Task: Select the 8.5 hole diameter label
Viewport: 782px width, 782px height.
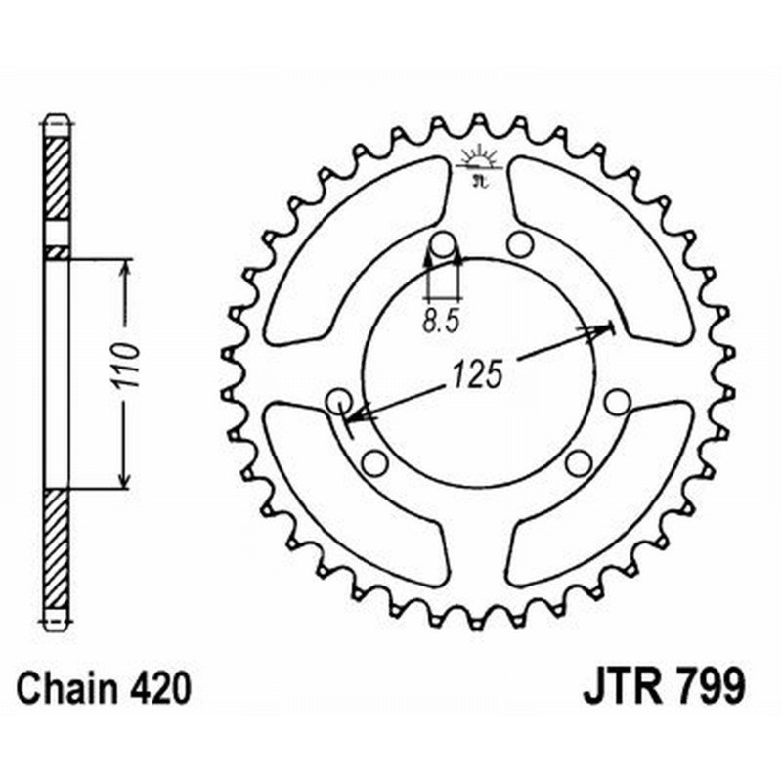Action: click(441, 320)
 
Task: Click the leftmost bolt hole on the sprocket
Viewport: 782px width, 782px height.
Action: click(339, 400)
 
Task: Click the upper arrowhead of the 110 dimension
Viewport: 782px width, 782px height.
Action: click(124, 269)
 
